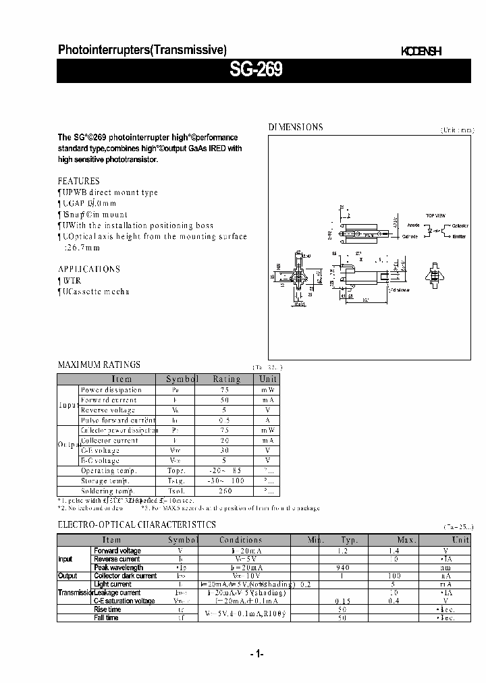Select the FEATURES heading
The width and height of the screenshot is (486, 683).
[78, 181]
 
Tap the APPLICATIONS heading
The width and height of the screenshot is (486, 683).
[88, 269]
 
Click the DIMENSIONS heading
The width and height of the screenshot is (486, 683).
[296, 127]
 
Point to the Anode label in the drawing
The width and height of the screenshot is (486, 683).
[413, 225]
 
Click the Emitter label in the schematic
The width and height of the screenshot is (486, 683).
[459, 236]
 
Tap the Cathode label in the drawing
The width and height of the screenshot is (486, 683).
[410, 237]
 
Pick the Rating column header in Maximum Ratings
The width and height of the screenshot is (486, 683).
[226, 379]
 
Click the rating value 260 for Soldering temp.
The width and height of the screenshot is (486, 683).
[226, 491]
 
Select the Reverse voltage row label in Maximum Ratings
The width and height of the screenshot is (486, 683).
[108, 410]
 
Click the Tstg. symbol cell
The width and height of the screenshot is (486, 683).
[175, 481]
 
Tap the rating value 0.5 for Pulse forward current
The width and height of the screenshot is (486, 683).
[226, 420]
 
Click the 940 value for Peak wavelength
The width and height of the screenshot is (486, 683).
[343, 568]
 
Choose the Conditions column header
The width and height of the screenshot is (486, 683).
[240, 540]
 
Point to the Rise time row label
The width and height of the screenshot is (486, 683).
[107, 609]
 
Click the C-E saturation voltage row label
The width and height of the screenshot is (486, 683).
[124, 601]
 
